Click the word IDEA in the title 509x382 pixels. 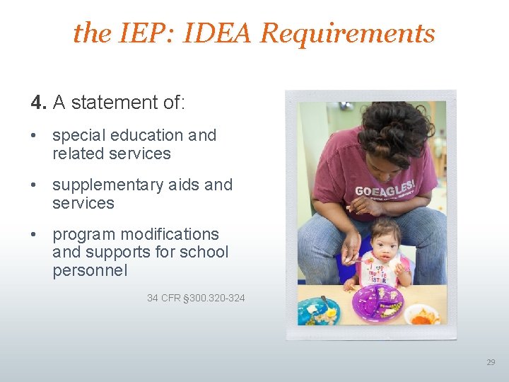click(216, 33)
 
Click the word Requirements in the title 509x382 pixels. click(348, 33)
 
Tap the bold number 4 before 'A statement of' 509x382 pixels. click(37, 103)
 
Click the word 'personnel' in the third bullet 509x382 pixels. click(90, 270)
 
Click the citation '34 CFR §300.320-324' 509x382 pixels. click(196, 298)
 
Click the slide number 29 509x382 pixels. click(491, 362)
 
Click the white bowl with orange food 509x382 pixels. click(423, 313)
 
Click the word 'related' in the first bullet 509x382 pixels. click(76, 154)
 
